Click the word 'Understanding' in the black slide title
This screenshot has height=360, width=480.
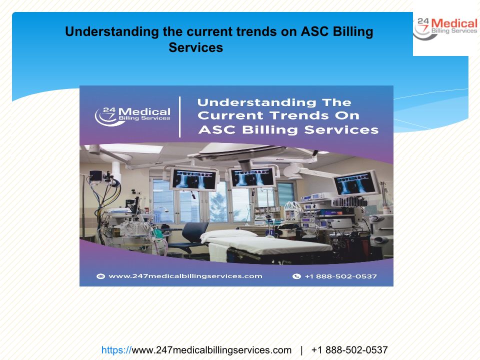click(112, 32)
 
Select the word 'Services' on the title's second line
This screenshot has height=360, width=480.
click(195, 48)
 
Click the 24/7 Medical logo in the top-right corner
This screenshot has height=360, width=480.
click(445, 29)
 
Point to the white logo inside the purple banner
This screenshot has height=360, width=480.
click(132, 116)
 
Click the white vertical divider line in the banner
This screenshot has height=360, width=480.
click(179, 116)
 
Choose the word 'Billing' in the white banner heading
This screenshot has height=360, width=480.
click(269, 130)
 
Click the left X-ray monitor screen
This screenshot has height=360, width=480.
click(194, 178)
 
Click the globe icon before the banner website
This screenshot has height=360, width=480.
click(100, 276)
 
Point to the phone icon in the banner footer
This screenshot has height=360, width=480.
click(296, 276)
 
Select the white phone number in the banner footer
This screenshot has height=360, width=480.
click(340, 276)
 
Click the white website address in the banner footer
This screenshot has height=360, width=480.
click(185, 276)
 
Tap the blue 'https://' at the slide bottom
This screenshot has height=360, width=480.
click(116, 350)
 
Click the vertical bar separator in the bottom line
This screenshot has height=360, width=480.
click(301, 350)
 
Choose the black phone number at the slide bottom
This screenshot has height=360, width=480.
click(349, 350)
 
